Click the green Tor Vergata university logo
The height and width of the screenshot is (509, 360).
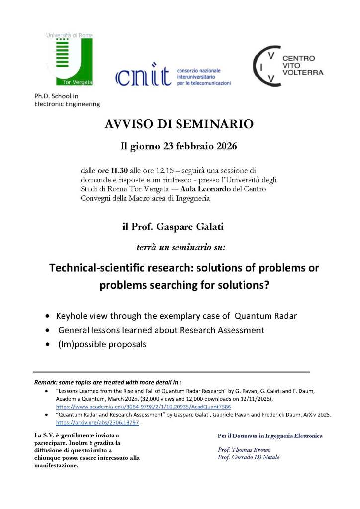pyautogui.click(x=69, y=59)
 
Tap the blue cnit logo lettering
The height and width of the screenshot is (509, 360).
pyautogui.click(x=144, y=77)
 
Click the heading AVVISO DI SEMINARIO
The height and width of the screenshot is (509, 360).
pyautogui.click(x=180, y=124)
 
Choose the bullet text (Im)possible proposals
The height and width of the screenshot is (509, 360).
pyautogui.click(x=101, y=344)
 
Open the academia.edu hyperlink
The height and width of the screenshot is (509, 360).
pyautogui.click(x=143, y=407)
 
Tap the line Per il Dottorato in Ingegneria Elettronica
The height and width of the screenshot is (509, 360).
pyautogui.click(x=270, y=436)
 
